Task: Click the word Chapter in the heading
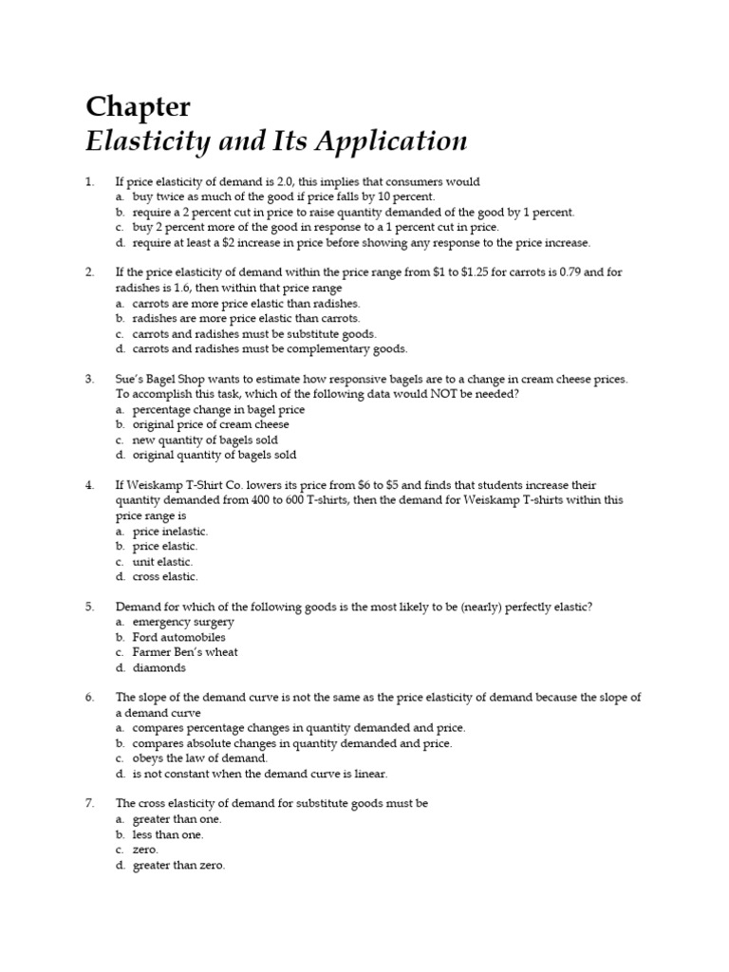coord(138,107)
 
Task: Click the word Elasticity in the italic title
coord(140,141)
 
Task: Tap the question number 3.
coord(89,379)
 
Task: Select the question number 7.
coord(89,803)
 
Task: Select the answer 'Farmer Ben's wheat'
coord(185,652)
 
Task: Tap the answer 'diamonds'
coord(159,667)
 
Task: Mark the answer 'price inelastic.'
coord(170,532)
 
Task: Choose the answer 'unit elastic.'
coord(162,561)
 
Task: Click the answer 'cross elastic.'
coord(165,576)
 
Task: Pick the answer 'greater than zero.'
coord(178,865)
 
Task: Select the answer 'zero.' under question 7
coord(145,850)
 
